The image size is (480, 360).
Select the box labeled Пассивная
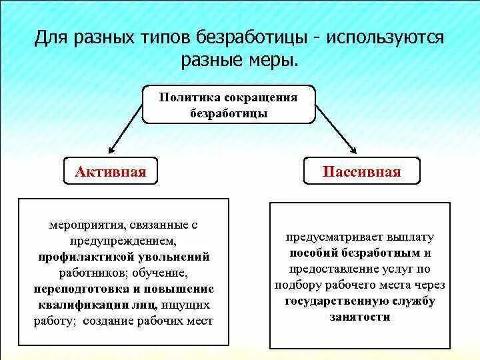click(361, 172)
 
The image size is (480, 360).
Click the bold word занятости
click(359, 317)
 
